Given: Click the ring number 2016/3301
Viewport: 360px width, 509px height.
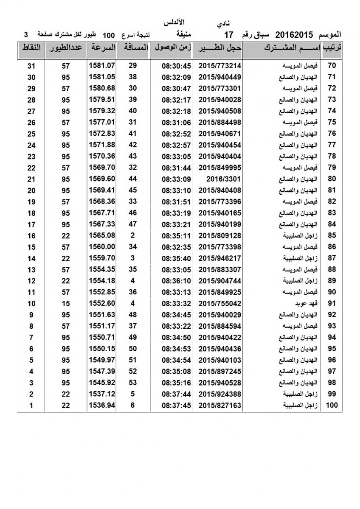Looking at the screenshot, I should [220, 179].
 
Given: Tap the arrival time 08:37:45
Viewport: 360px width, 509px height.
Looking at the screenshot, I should [177, 405].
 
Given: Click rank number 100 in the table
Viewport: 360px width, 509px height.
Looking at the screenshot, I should [332, 405].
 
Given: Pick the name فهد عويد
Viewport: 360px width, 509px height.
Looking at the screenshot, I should [305, 303].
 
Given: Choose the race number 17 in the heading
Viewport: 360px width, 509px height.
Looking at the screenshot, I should [229, 34].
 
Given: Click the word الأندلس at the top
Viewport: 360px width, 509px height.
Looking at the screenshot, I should [174, 22].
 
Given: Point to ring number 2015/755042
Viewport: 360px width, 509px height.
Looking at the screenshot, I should [220, 303].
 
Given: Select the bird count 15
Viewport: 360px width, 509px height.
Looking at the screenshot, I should [65, 303].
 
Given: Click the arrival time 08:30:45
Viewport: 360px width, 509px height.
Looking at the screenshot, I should [177, 65].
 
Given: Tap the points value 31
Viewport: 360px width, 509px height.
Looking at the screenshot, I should [31, 65].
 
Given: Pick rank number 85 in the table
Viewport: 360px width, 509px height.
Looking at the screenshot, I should [332, 235].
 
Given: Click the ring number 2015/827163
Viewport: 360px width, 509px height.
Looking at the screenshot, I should [220, 405].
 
